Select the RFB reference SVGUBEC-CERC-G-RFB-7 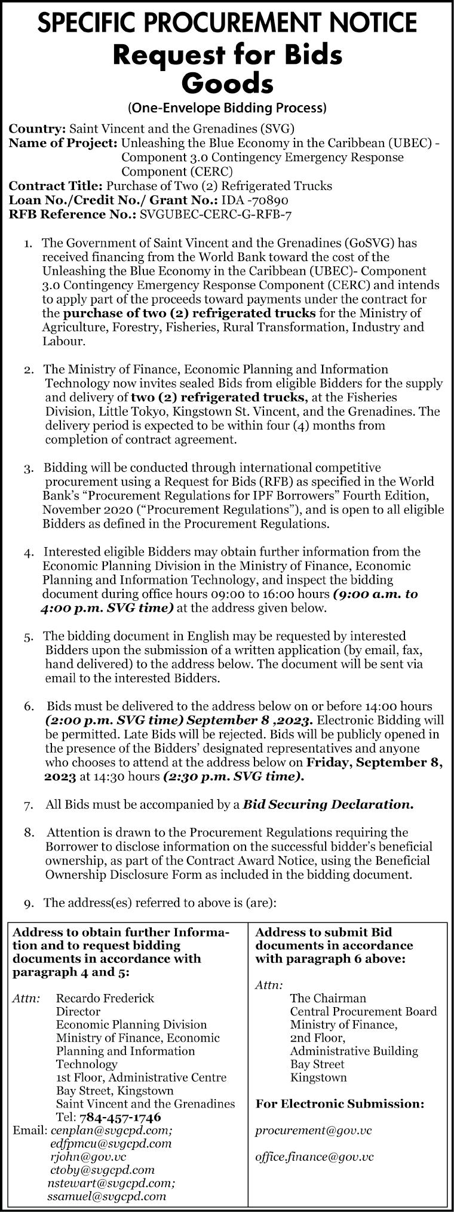point(216,213)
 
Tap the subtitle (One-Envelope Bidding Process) point(227,108)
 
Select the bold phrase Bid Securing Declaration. point(328,805)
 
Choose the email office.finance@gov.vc point(314,1156)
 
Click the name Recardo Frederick point(105,998)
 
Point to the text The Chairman point(328,998)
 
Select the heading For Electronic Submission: point(340,1104)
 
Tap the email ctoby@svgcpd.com point(103,1170)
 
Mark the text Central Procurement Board point(363,1011)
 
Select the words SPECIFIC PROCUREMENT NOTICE point(227,24)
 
